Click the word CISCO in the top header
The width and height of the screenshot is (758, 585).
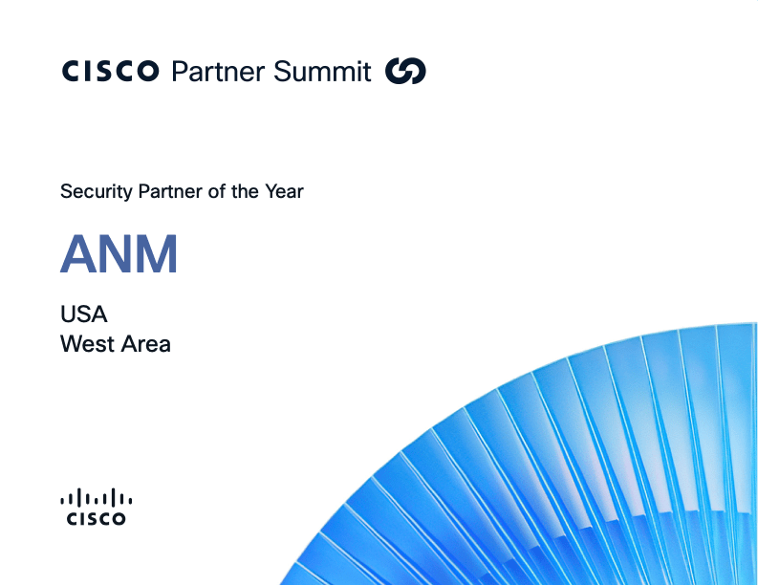tap(110, 72)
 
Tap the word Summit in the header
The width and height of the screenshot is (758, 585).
tap(321, 72)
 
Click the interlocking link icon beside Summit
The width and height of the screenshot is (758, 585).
tap(405, 72)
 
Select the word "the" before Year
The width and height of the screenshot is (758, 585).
tap(245, 191)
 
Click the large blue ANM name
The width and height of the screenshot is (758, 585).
tap(119, 255)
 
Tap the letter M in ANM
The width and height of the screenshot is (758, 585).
tap(159, 255)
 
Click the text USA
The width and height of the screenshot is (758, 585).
tap(84, 314)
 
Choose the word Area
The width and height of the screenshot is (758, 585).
tap(144, 344)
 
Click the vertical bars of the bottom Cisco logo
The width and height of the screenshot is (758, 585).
tap(96, 497)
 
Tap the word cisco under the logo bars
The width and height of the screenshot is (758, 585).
tap(96, 519)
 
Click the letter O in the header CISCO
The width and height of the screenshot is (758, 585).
tap(147, 72)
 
